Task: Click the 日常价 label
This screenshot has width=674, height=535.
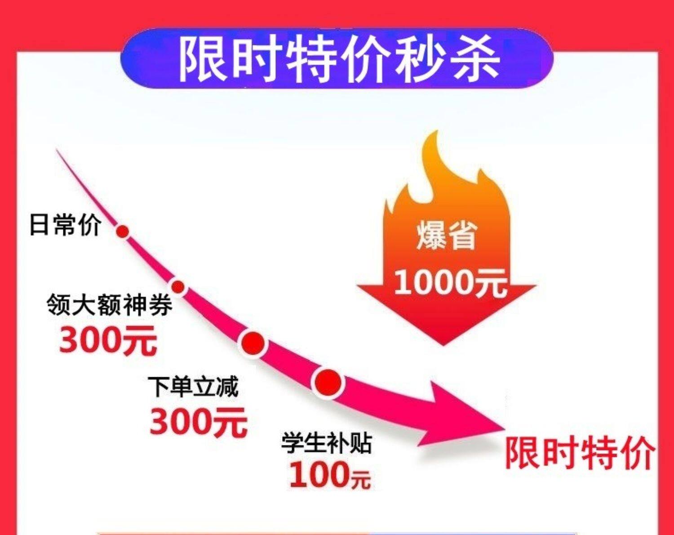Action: (x=65, y=224)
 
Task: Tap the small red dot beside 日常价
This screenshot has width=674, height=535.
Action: (x=123, y=232)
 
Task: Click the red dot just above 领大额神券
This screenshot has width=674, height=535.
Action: (x=178, y=286)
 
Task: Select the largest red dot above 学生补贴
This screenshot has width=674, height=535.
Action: (x=328, y=383)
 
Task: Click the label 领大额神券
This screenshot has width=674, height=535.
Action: (x=109, y=305)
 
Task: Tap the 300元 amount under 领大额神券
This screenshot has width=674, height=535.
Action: (x=108, y=340)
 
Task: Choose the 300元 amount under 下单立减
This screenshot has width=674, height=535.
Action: (x=199, y=422)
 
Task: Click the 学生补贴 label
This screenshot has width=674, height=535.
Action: (x=327, y=442)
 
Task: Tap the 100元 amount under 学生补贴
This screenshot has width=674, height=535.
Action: (x=330, y=475)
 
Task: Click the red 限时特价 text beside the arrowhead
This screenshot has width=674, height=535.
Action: (x=580, y=453)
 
